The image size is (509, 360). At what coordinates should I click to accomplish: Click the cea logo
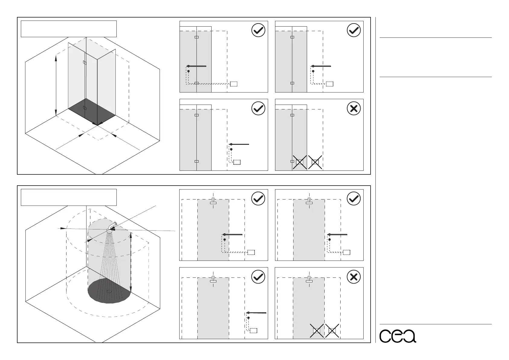tap(397, 336)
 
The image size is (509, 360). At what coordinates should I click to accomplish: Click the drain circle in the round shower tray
tap(109, 291)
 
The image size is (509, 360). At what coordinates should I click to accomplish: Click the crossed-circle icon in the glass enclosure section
tap(354, 108)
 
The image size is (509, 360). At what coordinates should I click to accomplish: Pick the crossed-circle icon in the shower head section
tap(354, 277)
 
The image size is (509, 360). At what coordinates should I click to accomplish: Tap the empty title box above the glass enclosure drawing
tap(69, 29)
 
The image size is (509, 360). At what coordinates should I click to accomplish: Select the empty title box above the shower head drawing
tap(69, 197)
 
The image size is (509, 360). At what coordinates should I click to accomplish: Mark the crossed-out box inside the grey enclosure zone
tap(300, 162)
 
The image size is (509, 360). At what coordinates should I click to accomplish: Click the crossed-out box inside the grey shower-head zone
tap(316, 331)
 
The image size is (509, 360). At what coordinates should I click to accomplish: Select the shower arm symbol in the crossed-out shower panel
tap(309, 279)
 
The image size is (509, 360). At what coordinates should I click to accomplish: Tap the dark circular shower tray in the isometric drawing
tap(109, 292)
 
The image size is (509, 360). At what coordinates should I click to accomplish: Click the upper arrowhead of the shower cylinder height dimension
tap(130, 237)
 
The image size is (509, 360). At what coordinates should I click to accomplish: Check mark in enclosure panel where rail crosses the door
tap(258, 31)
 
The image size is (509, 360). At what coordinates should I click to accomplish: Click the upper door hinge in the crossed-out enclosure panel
tap(292, 115)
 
